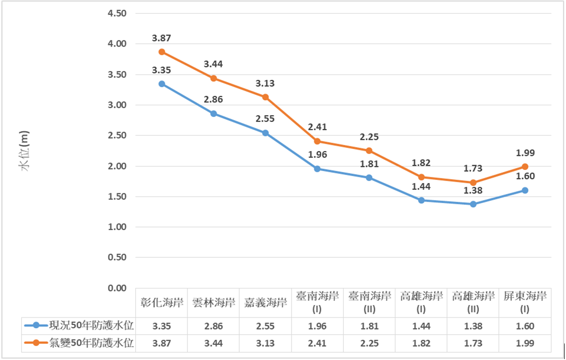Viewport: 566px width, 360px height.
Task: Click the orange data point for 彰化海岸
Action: [162, 52]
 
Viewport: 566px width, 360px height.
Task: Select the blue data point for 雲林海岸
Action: [214, 114]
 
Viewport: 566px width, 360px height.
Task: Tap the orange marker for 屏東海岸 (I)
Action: [525, 166]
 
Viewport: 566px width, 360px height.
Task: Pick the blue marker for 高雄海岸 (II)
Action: [473, 204]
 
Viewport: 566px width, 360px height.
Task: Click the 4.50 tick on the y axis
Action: [117, 13]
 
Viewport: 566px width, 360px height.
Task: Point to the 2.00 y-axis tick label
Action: [117, 166]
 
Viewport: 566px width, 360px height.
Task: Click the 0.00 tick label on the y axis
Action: [117, 288]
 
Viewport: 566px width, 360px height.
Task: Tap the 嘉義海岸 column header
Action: [265, 303]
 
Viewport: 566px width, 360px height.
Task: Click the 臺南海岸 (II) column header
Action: [369, 303]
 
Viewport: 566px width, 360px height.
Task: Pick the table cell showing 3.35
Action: [162, 326]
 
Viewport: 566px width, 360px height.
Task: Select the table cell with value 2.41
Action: [317, 343]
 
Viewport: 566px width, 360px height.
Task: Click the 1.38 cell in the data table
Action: [473, 326]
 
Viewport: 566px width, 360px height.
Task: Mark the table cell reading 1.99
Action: [525, 343]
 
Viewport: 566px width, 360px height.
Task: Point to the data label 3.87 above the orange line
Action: [162, 39]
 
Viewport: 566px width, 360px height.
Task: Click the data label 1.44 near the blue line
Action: [421, 186]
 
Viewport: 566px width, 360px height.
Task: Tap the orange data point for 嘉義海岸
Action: [265, 97]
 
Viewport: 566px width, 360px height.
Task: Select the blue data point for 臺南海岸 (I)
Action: [317, 169]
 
